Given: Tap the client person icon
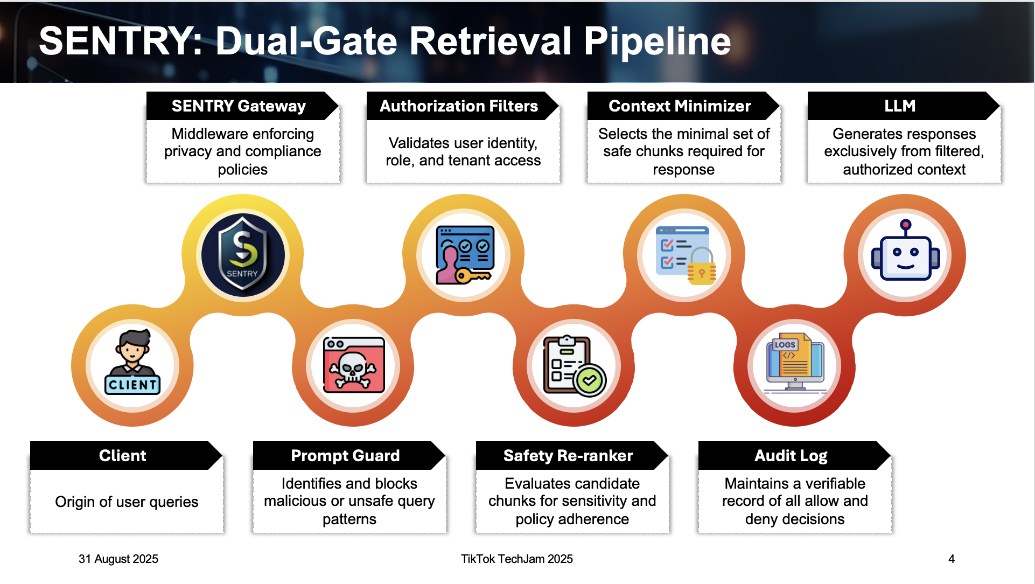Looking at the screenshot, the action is click(132, 362).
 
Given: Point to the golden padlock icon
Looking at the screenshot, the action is click(702, 266).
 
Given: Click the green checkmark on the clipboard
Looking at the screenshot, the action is click(590, 380).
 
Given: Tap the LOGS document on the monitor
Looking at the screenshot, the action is click(793, 357).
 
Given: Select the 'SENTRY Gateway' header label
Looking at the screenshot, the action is click(239, 106).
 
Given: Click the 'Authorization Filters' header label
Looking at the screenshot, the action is click(459, 106).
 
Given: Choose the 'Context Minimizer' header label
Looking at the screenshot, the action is click(680, 106).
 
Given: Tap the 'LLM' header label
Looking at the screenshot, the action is click(900, 106).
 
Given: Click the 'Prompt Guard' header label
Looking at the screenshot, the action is click(345, 456).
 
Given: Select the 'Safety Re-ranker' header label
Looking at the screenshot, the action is click(568, 456).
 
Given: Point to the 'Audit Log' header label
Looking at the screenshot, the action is click(791, 456).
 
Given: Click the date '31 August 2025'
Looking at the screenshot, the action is click(118, 559).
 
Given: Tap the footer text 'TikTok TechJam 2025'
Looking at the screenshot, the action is click(517, 559).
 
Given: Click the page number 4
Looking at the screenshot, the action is click(952, 559).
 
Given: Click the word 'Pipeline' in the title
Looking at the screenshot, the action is click(658, 42).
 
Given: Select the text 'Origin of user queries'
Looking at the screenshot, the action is click(127, 502).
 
